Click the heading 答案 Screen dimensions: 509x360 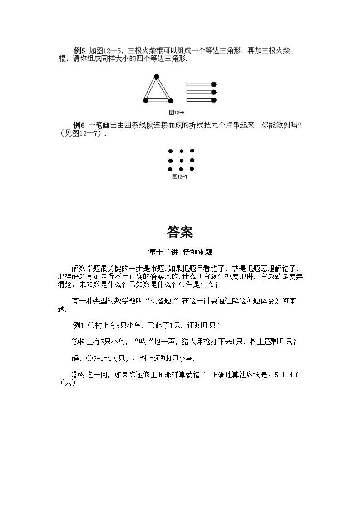click(x=180, y=232)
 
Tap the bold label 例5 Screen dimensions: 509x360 click(x=79, y=50)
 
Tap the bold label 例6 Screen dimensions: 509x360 click(x=79, y=125)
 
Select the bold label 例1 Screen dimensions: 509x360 click(x=79, y=325)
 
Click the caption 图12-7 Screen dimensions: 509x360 click(x=180, y=177)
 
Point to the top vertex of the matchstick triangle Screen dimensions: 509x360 click(x=157, y=76)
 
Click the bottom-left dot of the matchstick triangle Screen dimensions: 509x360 click(x=145, y=101)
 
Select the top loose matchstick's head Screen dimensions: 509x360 click(x=214, y=84)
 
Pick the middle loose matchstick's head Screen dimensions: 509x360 click(x=214, y=92)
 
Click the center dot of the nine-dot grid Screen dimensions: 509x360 click(x=181, y=161)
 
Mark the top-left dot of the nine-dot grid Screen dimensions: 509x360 click(x=170, y=152)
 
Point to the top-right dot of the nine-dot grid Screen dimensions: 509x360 click(x=192, y=151)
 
